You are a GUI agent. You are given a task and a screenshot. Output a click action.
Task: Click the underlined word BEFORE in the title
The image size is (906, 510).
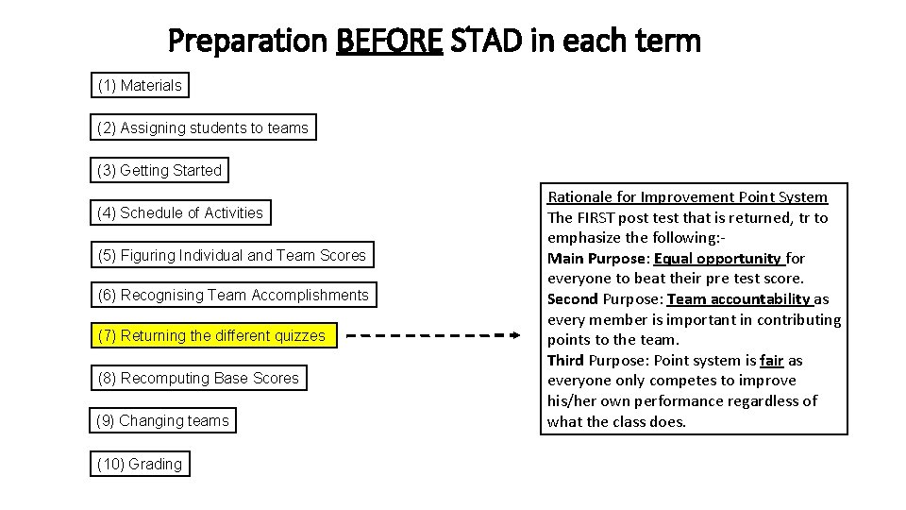pyautogui.click(x=389, y=42)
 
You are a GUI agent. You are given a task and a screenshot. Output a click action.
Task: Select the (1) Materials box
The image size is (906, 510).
pyautogui.click(x=140, y=86)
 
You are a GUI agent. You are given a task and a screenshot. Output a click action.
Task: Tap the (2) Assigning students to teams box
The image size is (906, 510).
pyautogui.click(x=203, y=127)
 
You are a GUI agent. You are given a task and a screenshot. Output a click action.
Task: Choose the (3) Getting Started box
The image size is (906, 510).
pyautogui.click(x=159, y=171)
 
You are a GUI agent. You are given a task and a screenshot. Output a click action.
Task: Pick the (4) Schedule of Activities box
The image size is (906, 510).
pyautogui.click(x=180, y=212)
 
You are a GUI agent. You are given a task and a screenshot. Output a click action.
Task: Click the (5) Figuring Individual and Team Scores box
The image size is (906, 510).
pyautogui.click(x=231, y=255)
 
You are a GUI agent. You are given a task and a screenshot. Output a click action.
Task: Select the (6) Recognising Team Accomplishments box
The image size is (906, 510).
pyautogui.click(x=233, y=296)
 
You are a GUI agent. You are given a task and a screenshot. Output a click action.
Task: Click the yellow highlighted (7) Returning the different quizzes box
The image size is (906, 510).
pyautogui.click(x=212, y=335)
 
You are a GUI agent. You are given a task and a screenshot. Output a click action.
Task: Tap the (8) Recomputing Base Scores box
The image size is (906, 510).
pyautogui.click(x=198, y=378)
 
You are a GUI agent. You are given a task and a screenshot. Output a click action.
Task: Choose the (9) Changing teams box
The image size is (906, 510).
pyautogui.click(x=163, y=420)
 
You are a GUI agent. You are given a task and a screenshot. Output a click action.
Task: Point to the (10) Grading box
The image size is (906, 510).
pyautogui.click(x=140, y=464)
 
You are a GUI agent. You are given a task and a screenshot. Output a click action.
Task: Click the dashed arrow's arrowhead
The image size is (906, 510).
pyautogui.click(x=514, y=335)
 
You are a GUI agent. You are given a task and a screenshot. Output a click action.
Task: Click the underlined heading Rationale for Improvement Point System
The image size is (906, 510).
pyautogui.click(x=687, y=197)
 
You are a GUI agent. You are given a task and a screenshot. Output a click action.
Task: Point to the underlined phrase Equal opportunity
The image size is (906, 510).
pyautogui.click(x=717, y=259)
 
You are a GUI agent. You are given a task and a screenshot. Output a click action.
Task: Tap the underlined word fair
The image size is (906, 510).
pyautogui.click(x=773, y=361)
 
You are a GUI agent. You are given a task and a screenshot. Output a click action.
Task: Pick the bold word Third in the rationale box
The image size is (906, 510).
pyautogui.click(x=565, y=361)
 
